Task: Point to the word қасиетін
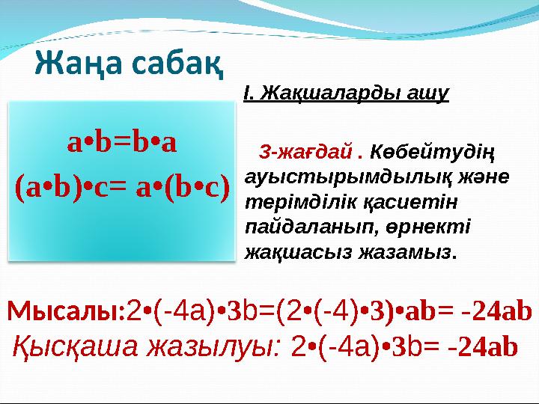pos(405,202)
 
